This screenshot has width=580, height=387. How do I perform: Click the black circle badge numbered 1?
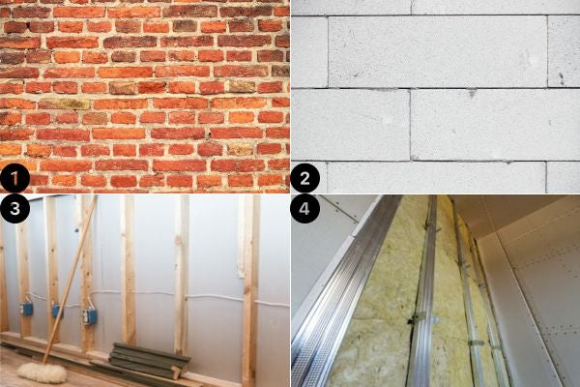click(x=14, y=178)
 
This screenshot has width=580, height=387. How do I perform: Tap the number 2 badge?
click(x=304, y=178)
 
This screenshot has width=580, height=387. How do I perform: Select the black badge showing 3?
click(x=14, y=209)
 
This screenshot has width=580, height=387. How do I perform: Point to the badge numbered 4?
click(x=304, y=209)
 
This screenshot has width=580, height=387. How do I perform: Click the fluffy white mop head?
click(x=37, y=372)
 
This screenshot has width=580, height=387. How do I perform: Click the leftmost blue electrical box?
click(x=27, y=310)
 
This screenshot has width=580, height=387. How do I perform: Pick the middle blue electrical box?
click(x=56, y=312)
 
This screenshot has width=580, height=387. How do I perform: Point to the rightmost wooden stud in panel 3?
click(x=250, y=290)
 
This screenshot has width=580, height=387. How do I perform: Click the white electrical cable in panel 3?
click(x=185, y=296)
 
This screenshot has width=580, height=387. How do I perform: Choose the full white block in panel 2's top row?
click(x=438, y=51)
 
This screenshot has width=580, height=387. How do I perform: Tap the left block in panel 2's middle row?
click(x=350, y=125)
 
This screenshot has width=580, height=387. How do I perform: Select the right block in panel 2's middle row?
click(x=495, y=125)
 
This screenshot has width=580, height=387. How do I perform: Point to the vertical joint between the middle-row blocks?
click(x=410, y=125)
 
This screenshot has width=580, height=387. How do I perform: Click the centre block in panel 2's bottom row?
click(x=437, y=178)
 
